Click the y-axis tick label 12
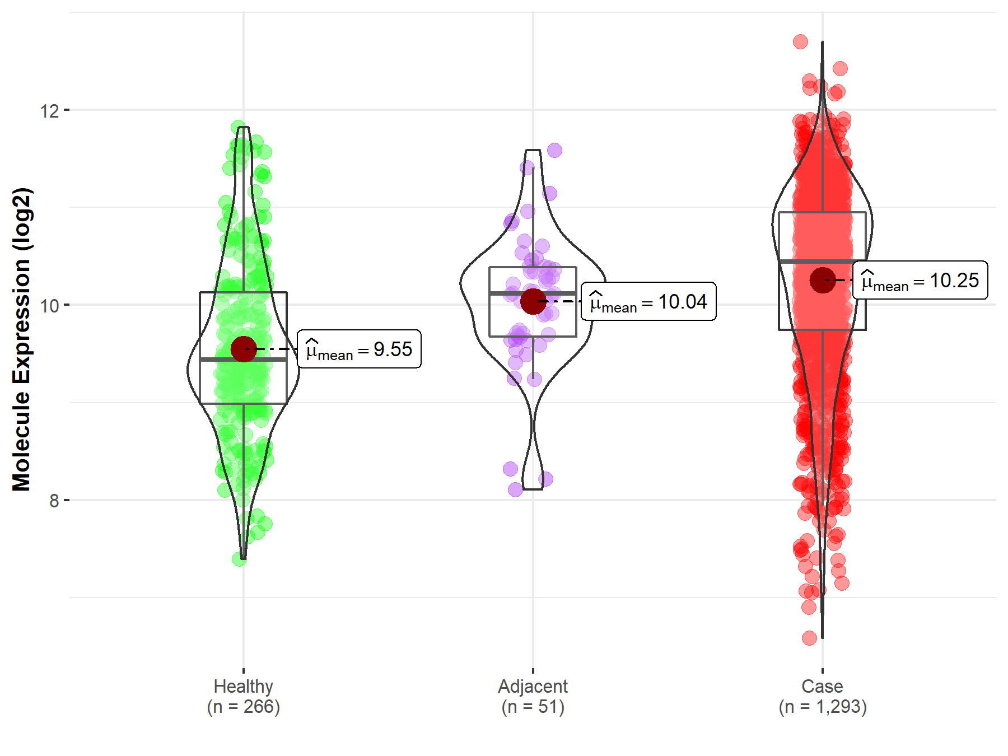(49, 111)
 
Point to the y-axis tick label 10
(49, 306)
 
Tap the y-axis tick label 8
(54, 501)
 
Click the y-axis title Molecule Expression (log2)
(21, 339)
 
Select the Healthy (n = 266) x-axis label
(243, 696)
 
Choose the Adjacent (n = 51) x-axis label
(533, 696)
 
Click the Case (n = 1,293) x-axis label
(822, 696)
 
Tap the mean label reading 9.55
(359, 349)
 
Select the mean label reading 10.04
(648, 302)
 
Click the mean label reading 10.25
(920, 281)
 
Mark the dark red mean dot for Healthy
(244, 349)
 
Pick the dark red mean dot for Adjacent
(533, 301)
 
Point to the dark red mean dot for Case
(822, 280)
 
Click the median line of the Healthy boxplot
(224, 360)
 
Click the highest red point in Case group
(800, 41)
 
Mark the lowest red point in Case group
(809, 638)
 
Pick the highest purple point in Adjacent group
(554, 150)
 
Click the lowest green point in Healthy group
(239, 559)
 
